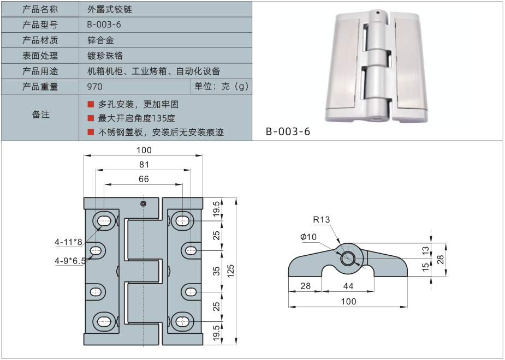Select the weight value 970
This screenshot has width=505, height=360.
pyautogui.click(x=94, y=87)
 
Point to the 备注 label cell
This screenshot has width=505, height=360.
pyautogui.click(x=40, y=115)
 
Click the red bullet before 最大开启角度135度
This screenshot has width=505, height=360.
pyautogui.click(x=91, y=118)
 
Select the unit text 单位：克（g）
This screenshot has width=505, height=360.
pyautogui.click(x=221, y=87)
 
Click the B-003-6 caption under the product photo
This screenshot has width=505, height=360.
pyautogui.click(x=288, y=131)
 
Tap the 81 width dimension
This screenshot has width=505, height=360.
pyautogui.click(x=144, y=164)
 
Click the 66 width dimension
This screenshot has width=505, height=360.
pyautogui.click(x=144, y=179)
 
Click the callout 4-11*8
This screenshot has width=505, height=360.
pyautogui.click(x=68, y=242)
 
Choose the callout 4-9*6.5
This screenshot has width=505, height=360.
pyautogui.click(x=70, y=261)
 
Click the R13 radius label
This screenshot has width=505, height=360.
pyautogui.click(x=322, y=220)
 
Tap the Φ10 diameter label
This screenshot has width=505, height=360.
pyautogui.click(x=309, y=237)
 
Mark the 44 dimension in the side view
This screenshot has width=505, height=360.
pyautogui.click(x=347, y=286)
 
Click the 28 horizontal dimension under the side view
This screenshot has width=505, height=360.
pyautogui.click(x=305, y=286)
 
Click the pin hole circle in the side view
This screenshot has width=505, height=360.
pyautogui.click(x=347, y=259)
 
